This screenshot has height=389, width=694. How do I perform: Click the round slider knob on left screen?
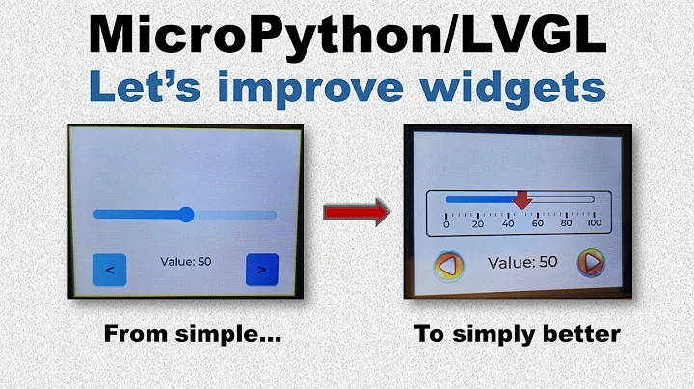click(x=187, y=214)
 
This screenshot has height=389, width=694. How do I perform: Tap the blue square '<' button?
click(x=109, y=270)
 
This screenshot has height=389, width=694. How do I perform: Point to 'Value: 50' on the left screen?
click(x=185, y=262)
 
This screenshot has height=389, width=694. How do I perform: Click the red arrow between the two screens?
click(x=356, y=212)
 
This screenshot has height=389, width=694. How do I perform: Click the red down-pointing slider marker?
click(x=521, y=199)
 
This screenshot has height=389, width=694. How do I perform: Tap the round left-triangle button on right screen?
click(x=446, y=264)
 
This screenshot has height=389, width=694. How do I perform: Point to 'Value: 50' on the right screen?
click(x=522, y=262)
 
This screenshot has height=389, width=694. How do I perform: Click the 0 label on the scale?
click(x=445, y=223)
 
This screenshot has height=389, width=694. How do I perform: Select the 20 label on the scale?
click(x=477, y=223)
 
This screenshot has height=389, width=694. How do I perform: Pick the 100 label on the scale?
click(x=594, y=223)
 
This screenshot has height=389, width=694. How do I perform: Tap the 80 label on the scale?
click(x=566, y=223)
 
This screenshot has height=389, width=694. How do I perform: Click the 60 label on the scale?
click(x=537, y=223)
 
